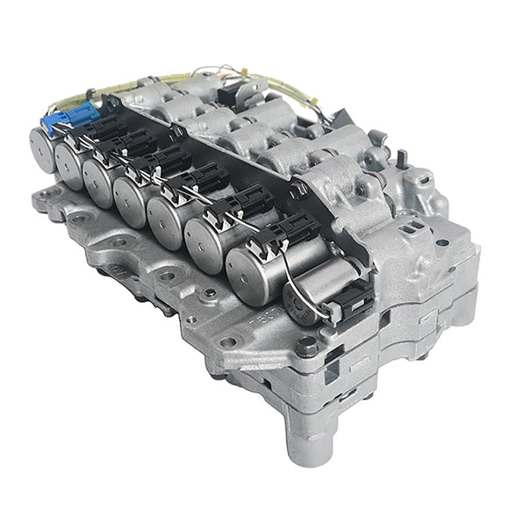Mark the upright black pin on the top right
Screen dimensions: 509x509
click(402, 161)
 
